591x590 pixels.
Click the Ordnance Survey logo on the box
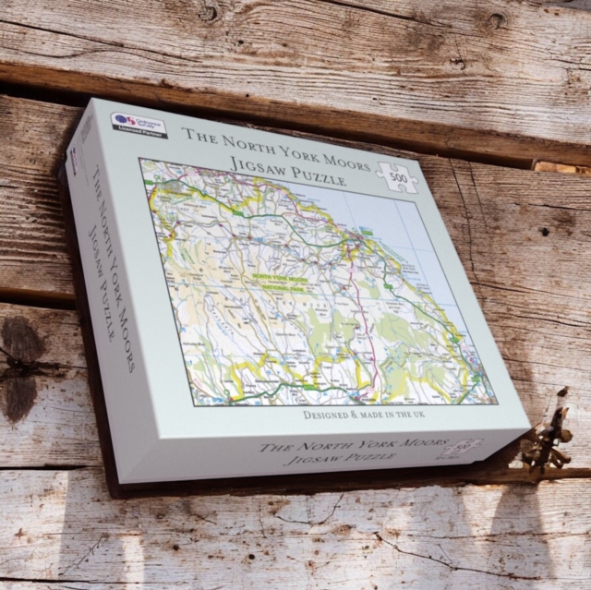coord(127,119)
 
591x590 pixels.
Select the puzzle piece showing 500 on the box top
coord(397,175)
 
